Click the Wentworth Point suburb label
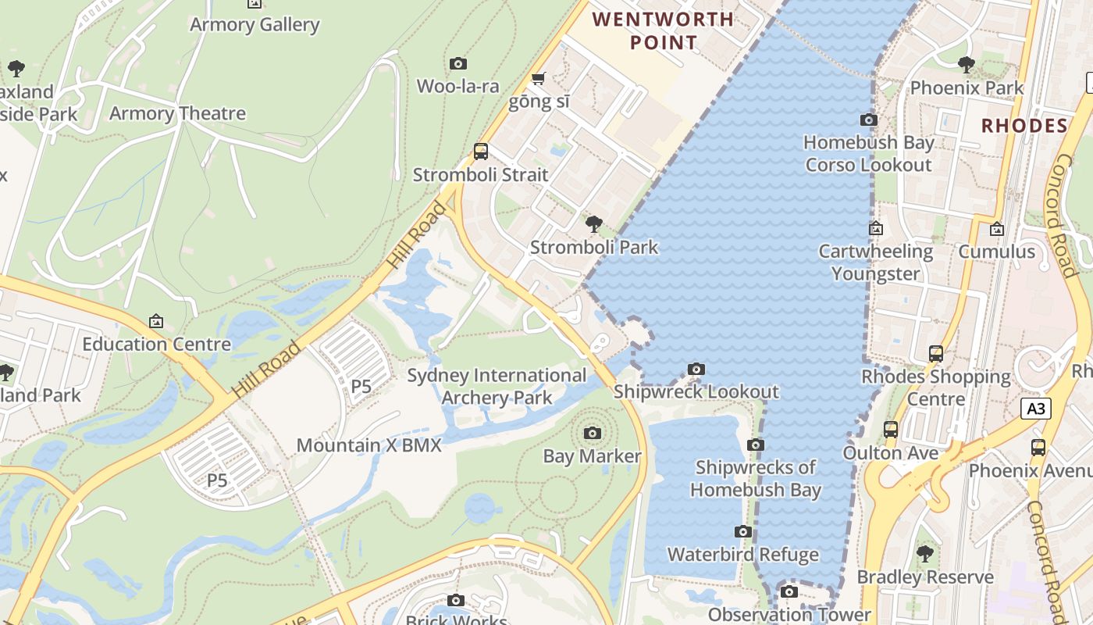coord(664,30)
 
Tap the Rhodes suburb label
coord(1024,126)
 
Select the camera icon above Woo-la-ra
coord(458,64)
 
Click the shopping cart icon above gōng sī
coord(538,79)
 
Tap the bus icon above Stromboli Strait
coord(481,152)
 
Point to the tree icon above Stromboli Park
coord(594,224)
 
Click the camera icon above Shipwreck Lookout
coord(696,369)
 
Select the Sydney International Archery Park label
coord(497,387)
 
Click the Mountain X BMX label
coord(368,446)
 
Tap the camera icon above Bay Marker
coord(593,433)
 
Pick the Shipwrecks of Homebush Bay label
coord(756,479)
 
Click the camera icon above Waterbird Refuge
coord(743,532)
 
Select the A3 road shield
coord(1036,409)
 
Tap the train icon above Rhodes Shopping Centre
coord(936,354)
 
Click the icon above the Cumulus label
coord(996,230)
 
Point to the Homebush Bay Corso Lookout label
coord(868,154)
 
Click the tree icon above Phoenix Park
coord(967,65)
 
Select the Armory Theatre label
coord(177,113)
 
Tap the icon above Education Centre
coord(156,321)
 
